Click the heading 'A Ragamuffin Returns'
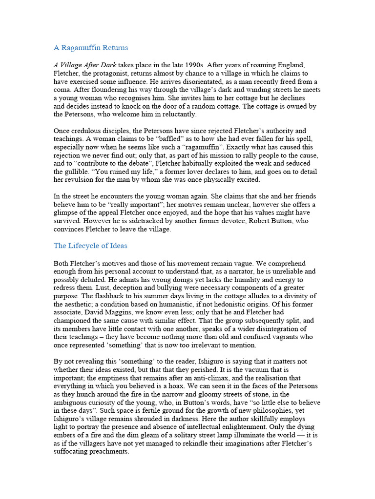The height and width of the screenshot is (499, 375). tap(90, 48)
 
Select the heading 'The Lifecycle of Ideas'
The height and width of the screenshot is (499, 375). tap(90, 246)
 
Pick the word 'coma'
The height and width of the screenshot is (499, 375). tap(62, 90)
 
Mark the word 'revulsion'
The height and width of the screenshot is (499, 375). tap(81, 180)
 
